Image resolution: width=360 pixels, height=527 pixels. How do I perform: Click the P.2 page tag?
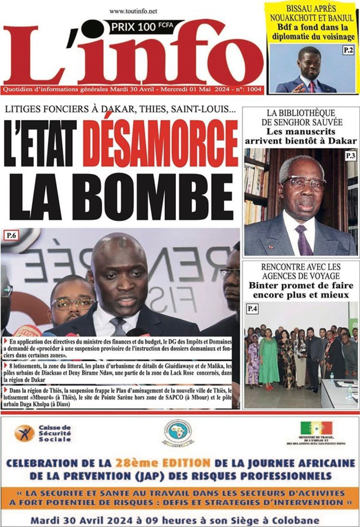click(x=348, y=51)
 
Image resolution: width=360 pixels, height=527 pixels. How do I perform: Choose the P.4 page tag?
click(x=252, y=308)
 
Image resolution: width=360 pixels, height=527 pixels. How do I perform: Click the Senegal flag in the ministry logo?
click(x=317, y=428)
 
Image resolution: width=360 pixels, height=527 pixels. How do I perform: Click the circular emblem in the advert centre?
click(x=179, y=434)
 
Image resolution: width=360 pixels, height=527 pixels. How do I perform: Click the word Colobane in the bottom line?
click(x=293, y=519)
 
